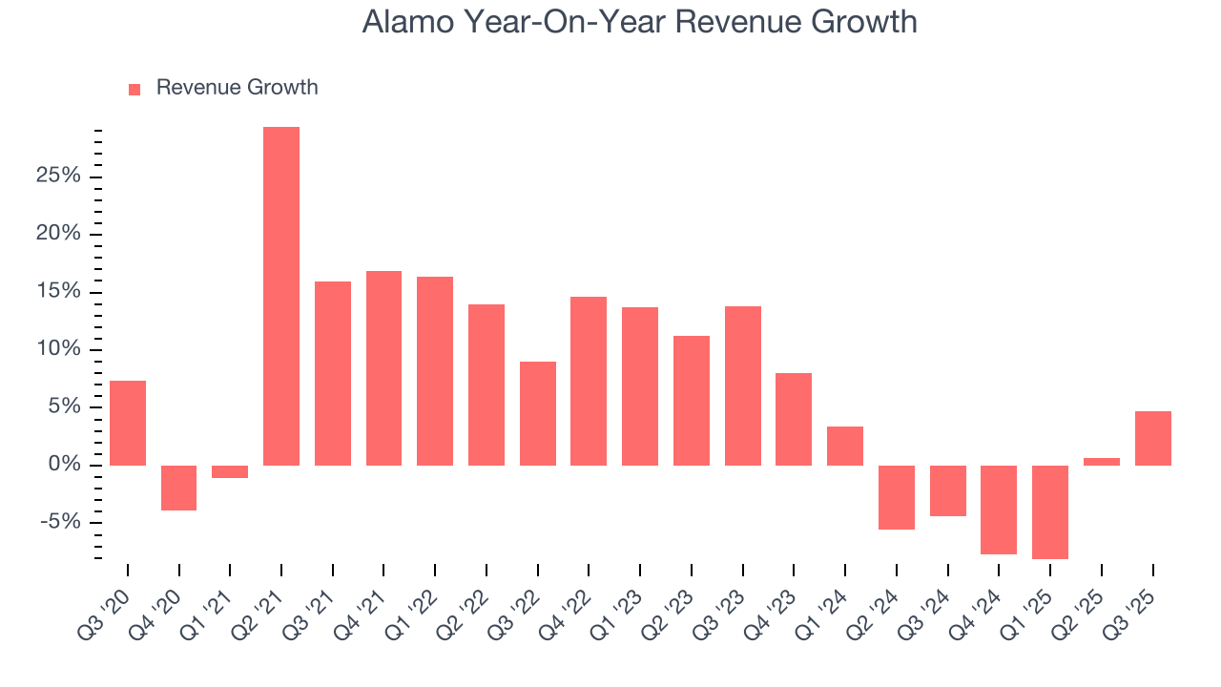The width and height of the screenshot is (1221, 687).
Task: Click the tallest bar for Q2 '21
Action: [281, 296]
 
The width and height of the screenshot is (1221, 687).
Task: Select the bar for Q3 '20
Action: [128, 423]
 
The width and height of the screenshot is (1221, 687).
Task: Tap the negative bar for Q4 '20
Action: [178, 488]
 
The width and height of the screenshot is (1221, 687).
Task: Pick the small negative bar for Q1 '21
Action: [230, 471]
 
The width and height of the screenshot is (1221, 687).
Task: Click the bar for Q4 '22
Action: [589, 381]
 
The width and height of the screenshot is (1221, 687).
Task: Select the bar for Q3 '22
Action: [537, 413]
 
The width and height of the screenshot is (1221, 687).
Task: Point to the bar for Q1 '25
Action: [1050, 511]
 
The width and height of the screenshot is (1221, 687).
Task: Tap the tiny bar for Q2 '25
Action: [1101, 462]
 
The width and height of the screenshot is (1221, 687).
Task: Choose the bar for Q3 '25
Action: [1152, 438]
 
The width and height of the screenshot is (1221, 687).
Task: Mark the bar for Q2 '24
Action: [897, 497]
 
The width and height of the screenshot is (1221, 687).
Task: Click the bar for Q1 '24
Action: [845, 446]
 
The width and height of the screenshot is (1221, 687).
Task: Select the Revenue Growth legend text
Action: [237, 88]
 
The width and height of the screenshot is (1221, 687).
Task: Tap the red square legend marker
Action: [135, 89]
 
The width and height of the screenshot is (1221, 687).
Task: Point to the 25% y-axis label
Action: [56, 177]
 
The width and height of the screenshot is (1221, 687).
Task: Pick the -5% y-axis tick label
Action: [58, 523]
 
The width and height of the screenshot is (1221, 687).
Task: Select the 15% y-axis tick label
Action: [56, 292]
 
